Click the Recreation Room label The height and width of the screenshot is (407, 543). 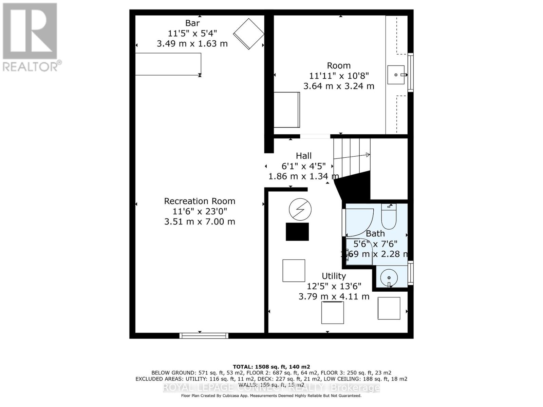click(x=200, y=201)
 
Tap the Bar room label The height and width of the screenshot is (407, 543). click(x=192, y=23)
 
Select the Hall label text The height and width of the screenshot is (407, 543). click(x=303, y=156)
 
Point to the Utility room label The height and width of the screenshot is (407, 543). click(x=334, y=276)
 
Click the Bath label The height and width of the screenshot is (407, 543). click(x=375, y=233)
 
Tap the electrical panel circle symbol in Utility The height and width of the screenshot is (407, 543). click(x=300, y=209)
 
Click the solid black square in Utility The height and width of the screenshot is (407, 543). click(x=297, y=232)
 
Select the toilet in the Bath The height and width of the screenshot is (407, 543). click(x=389, y=217)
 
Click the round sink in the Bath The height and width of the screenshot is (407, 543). click(x=389, y=278)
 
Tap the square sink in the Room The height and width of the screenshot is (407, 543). click(x=396, y=75)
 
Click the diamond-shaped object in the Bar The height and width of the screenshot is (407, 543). click(x=249, y=34)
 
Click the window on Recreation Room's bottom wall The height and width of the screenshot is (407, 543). click(x=204, y=335)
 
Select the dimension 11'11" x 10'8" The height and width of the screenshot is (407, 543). click(x=339, y=76)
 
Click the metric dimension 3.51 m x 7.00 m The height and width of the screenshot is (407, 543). click(x=200, y=221)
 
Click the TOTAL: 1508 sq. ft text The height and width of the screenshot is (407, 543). click(x=271, y=367)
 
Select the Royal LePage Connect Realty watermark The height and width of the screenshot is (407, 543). click(x=271, y=388)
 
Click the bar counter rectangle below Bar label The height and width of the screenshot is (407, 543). click(x=168, y=64)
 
